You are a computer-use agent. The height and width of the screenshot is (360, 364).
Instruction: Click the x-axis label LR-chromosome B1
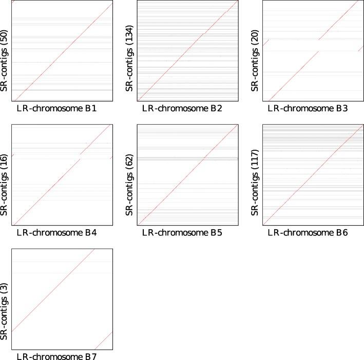pyautogui.click(x=56, y=109)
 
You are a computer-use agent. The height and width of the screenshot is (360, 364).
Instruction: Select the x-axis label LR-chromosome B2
pyautogui.click(x=182, y=109)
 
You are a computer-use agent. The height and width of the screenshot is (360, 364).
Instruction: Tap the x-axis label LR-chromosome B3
pyautogui.click(x=308, y=109)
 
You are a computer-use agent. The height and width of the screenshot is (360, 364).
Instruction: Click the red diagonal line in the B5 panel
pyautogui.click(x=187, y=174)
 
